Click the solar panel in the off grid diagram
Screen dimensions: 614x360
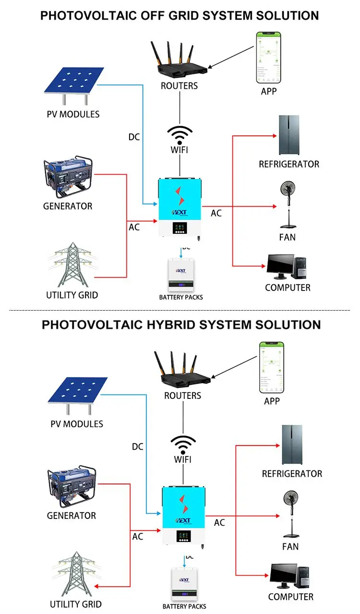coord(74,82)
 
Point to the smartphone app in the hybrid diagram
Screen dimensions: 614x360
coord(272,368)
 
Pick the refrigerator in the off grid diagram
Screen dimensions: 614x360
coord(289,135)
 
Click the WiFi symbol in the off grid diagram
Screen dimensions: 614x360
coord(180,134)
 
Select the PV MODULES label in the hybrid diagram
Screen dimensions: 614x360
coord(77,424)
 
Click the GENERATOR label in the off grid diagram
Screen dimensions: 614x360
coord(68,206)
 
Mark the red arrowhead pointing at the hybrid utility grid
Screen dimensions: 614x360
coord(96,587)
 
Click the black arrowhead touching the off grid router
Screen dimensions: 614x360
coord(210,69)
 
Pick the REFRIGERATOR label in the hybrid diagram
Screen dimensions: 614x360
coord(292,474)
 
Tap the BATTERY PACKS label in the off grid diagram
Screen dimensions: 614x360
coord(181,297)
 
